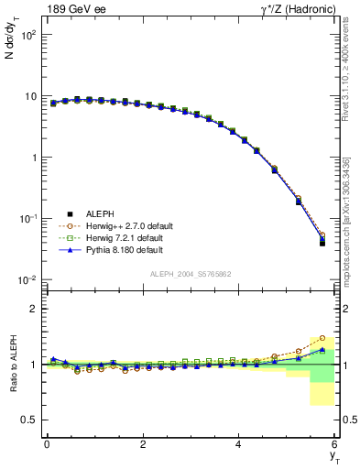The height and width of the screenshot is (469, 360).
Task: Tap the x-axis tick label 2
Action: pos(143,444)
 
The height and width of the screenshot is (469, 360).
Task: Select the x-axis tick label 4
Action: pos(239,444)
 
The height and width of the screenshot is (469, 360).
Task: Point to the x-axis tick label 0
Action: pos(47,444)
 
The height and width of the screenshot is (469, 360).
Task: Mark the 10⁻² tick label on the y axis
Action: pos(27,279)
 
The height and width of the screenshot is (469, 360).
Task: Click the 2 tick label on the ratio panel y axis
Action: pos(33,309)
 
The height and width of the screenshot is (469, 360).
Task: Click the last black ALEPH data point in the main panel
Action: pos(322,243)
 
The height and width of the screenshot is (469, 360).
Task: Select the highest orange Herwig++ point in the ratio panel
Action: pos(322,338)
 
